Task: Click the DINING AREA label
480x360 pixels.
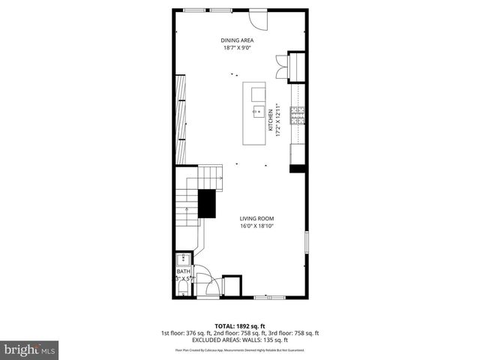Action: (236, 40)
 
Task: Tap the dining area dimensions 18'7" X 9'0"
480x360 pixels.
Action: (236, 48)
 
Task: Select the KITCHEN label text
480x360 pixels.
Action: (270, 121)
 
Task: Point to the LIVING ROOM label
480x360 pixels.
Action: (256, 218)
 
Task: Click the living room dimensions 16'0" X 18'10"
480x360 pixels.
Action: (256, 226)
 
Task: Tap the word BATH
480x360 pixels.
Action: (184, 271)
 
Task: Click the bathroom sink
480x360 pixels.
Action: (184, 258)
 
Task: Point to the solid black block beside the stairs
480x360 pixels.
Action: (206, 203)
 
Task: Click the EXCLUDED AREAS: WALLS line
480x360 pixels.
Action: (240, 339)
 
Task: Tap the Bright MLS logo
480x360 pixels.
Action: (30, 349)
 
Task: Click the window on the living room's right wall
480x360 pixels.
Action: (306, 244)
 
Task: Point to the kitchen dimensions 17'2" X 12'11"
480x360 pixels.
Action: (277, 121)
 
